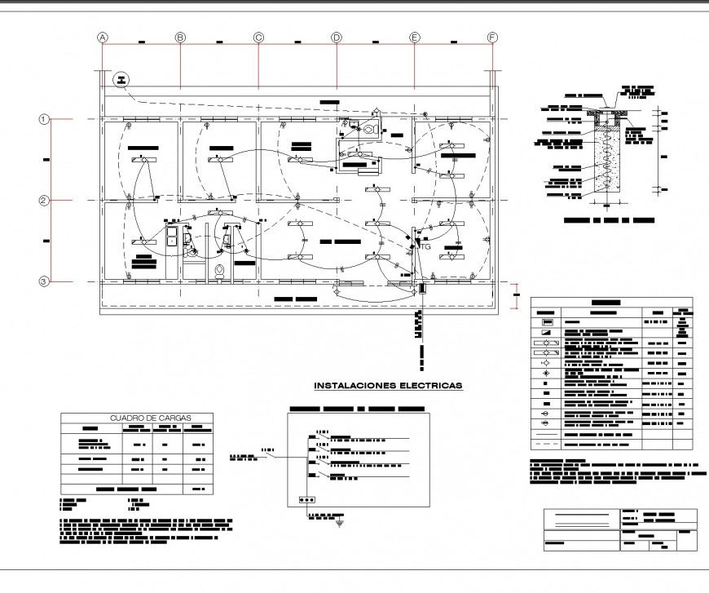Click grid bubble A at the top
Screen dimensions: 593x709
(x=103, y=38)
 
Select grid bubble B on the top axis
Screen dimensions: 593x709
(x=180, y=38)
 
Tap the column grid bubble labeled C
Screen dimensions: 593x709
(x=258, y=38)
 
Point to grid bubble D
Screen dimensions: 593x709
(x=336, y=38)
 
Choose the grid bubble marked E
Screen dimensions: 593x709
(x=414, y=38)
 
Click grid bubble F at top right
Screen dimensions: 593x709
(x=492, y=38)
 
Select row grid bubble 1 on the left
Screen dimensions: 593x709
(x=45, y=119)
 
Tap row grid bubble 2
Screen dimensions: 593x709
(x=45, y=201)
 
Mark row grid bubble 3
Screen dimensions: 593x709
(x=45, y=281)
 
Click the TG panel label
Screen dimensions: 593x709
(x=425, y=246)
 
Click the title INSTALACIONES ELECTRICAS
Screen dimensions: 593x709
(x=388, y=384)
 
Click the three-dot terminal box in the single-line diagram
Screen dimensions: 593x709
(x=307, y=500)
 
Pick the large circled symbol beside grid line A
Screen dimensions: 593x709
(x=122, y=79)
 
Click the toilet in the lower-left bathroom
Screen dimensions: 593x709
(x=218, y=270)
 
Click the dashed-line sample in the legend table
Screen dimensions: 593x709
(x=545, y=445)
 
